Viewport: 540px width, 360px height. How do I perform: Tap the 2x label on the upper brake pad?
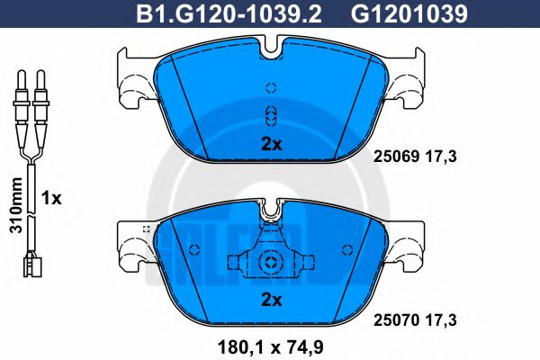(x=271, y=143)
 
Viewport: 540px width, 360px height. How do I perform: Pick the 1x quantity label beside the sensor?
(x=52, y=198)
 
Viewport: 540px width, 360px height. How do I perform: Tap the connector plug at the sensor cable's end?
(x=29, y=265)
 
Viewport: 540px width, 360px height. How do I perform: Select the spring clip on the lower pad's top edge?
(x=271, y=214)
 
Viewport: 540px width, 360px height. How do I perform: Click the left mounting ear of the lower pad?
(x=135, y=243)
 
